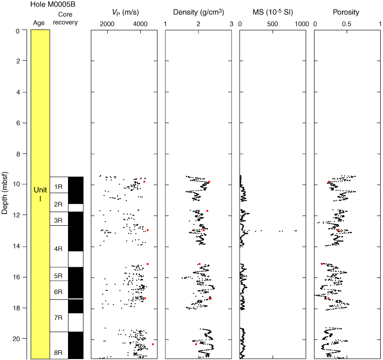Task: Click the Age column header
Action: click(39, 22)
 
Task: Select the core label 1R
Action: click(58, 187)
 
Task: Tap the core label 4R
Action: click(58, 249)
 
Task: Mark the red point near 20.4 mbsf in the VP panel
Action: click(153, 344)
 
